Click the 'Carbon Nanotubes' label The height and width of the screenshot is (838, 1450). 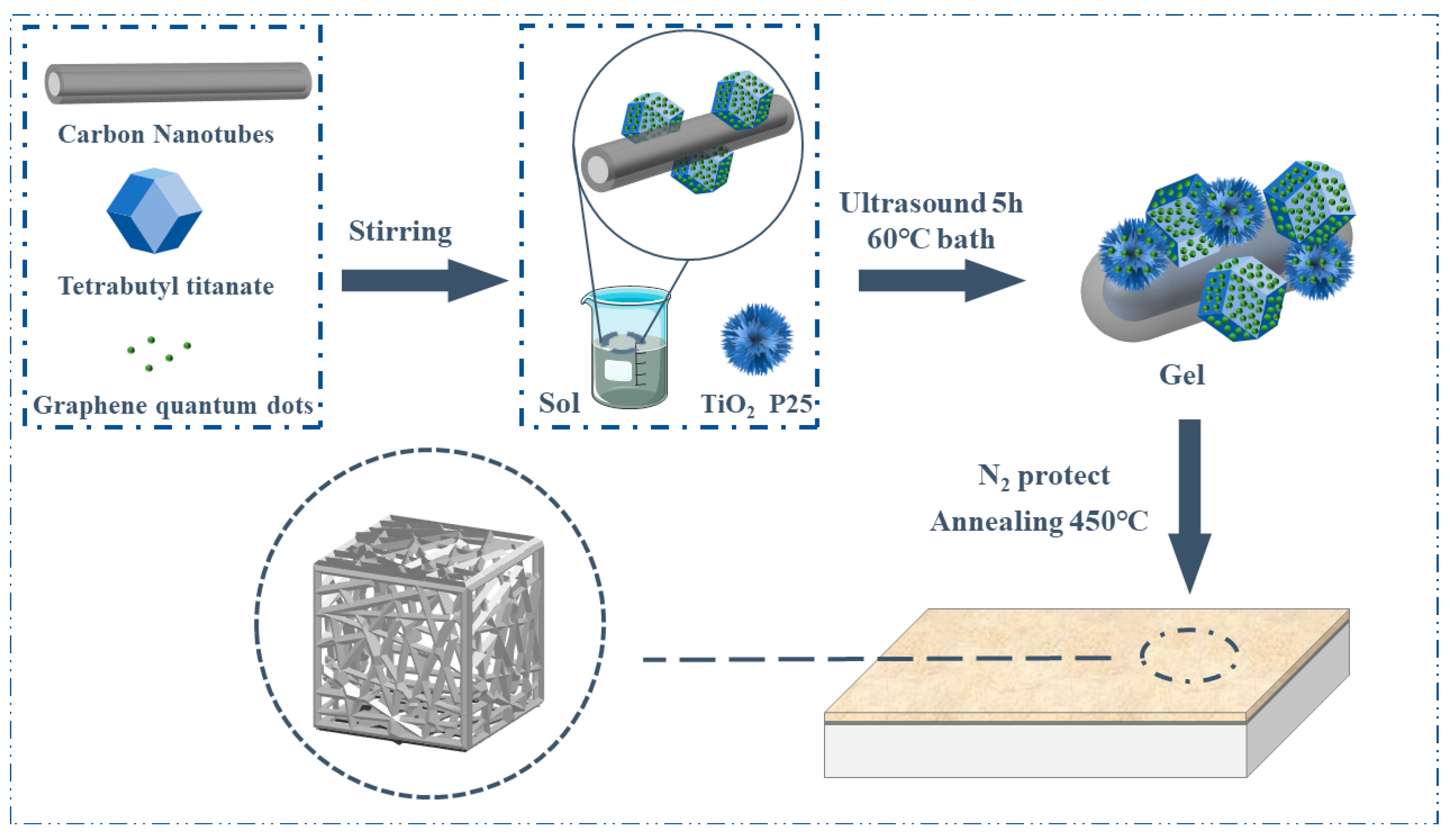(x=165, y=134)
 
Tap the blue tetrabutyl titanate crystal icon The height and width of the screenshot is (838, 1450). (x=154, y=211)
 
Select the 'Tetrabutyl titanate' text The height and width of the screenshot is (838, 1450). (x=165, y=286)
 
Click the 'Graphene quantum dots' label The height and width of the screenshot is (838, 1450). (x=173, y=405)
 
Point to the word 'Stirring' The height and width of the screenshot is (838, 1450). (x=400, y=231)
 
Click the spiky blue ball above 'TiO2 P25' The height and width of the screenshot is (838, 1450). (x=756, y=340)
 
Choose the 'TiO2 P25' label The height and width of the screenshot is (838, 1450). (x=756, y=404)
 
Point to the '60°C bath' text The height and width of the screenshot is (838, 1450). (x=931, y=239)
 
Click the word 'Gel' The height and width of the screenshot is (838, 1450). (x=1181, y=375)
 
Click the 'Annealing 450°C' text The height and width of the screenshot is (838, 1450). (x=1039, y=522)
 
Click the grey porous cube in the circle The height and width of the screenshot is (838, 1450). (x=429, y=633)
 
